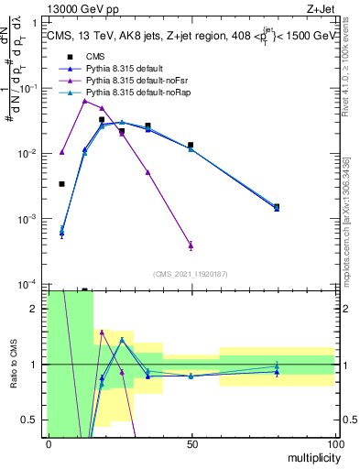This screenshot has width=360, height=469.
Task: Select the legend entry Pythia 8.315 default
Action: click(x=125, y=69)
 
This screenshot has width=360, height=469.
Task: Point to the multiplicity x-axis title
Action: click(x=310, y=456)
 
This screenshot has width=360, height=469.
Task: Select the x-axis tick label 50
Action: click(x=191, y=443)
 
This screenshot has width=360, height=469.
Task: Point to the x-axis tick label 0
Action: click(x=49, y=443)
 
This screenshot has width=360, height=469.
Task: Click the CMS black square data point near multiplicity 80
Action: click(x=277, y=207)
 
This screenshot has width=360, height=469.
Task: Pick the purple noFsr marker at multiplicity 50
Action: click(x=191, y=245)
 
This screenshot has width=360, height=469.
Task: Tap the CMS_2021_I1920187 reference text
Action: click(x=190, y=274)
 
